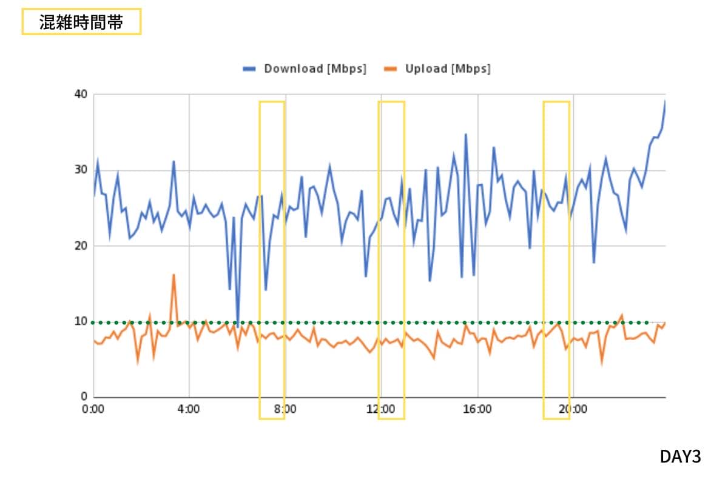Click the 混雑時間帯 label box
[x=81, y=22]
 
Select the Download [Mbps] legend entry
[x=315, y=69]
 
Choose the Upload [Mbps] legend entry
[x=448, y=69]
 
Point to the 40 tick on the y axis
[x=81, y=94]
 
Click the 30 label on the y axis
[x=81, y=170]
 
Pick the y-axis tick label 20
[x=81, y=246]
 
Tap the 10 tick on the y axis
[x=81, y=321]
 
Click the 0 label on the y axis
[x=84, y=397]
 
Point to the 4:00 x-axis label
[x=189, y=409]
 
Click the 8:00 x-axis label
[x=285, y=409]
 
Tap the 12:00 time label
[x=380, y=409]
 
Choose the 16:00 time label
[x=477, y=409]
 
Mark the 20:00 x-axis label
[x=573, y=409]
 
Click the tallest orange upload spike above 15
[x=174, y=275]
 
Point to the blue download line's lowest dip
[x=237, y=327]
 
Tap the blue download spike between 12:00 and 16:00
[x=466, y=135]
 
